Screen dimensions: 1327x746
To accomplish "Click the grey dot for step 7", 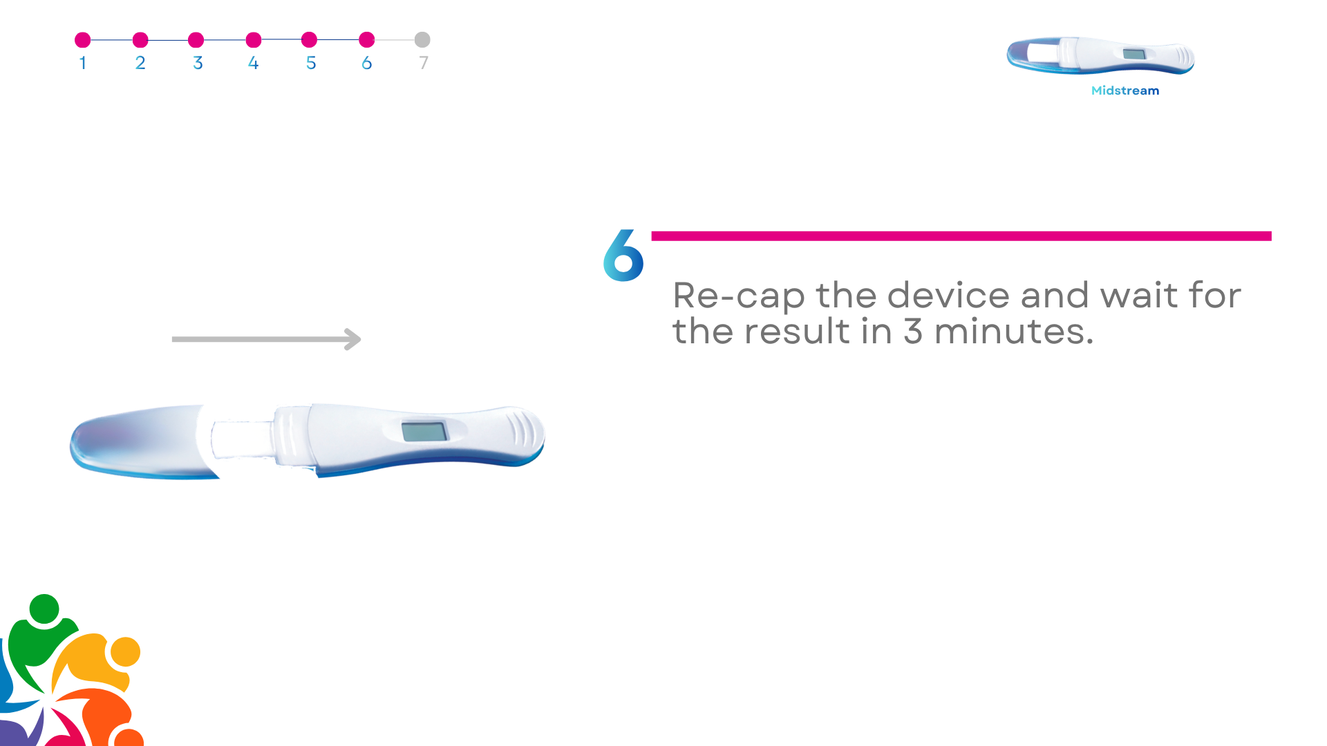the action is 422,40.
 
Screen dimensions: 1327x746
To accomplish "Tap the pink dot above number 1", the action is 83,40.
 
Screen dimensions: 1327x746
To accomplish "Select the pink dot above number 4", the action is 254,40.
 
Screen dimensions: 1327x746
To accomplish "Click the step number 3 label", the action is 198,63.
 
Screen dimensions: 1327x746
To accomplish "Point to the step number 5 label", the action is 311,63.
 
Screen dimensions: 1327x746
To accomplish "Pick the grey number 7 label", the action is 424,63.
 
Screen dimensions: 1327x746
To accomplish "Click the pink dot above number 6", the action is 367,40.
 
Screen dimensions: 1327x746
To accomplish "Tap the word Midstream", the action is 1125,90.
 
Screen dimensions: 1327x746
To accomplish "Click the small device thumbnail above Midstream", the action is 1100,55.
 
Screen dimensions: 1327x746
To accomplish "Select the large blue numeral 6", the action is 623,256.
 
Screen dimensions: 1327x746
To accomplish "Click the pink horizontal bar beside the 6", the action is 961,236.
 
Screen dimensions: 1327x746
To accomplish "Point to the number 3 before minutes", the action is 913,332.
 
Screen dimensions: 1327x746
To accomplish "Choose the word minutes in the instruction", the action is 1014,331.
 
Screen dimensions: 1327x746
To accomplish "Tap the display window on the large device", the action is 424,432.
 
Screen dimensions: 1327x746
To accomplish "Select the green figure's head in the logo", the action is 45,609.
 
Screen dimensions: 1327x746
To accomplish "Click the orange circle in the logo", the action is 126,652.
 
